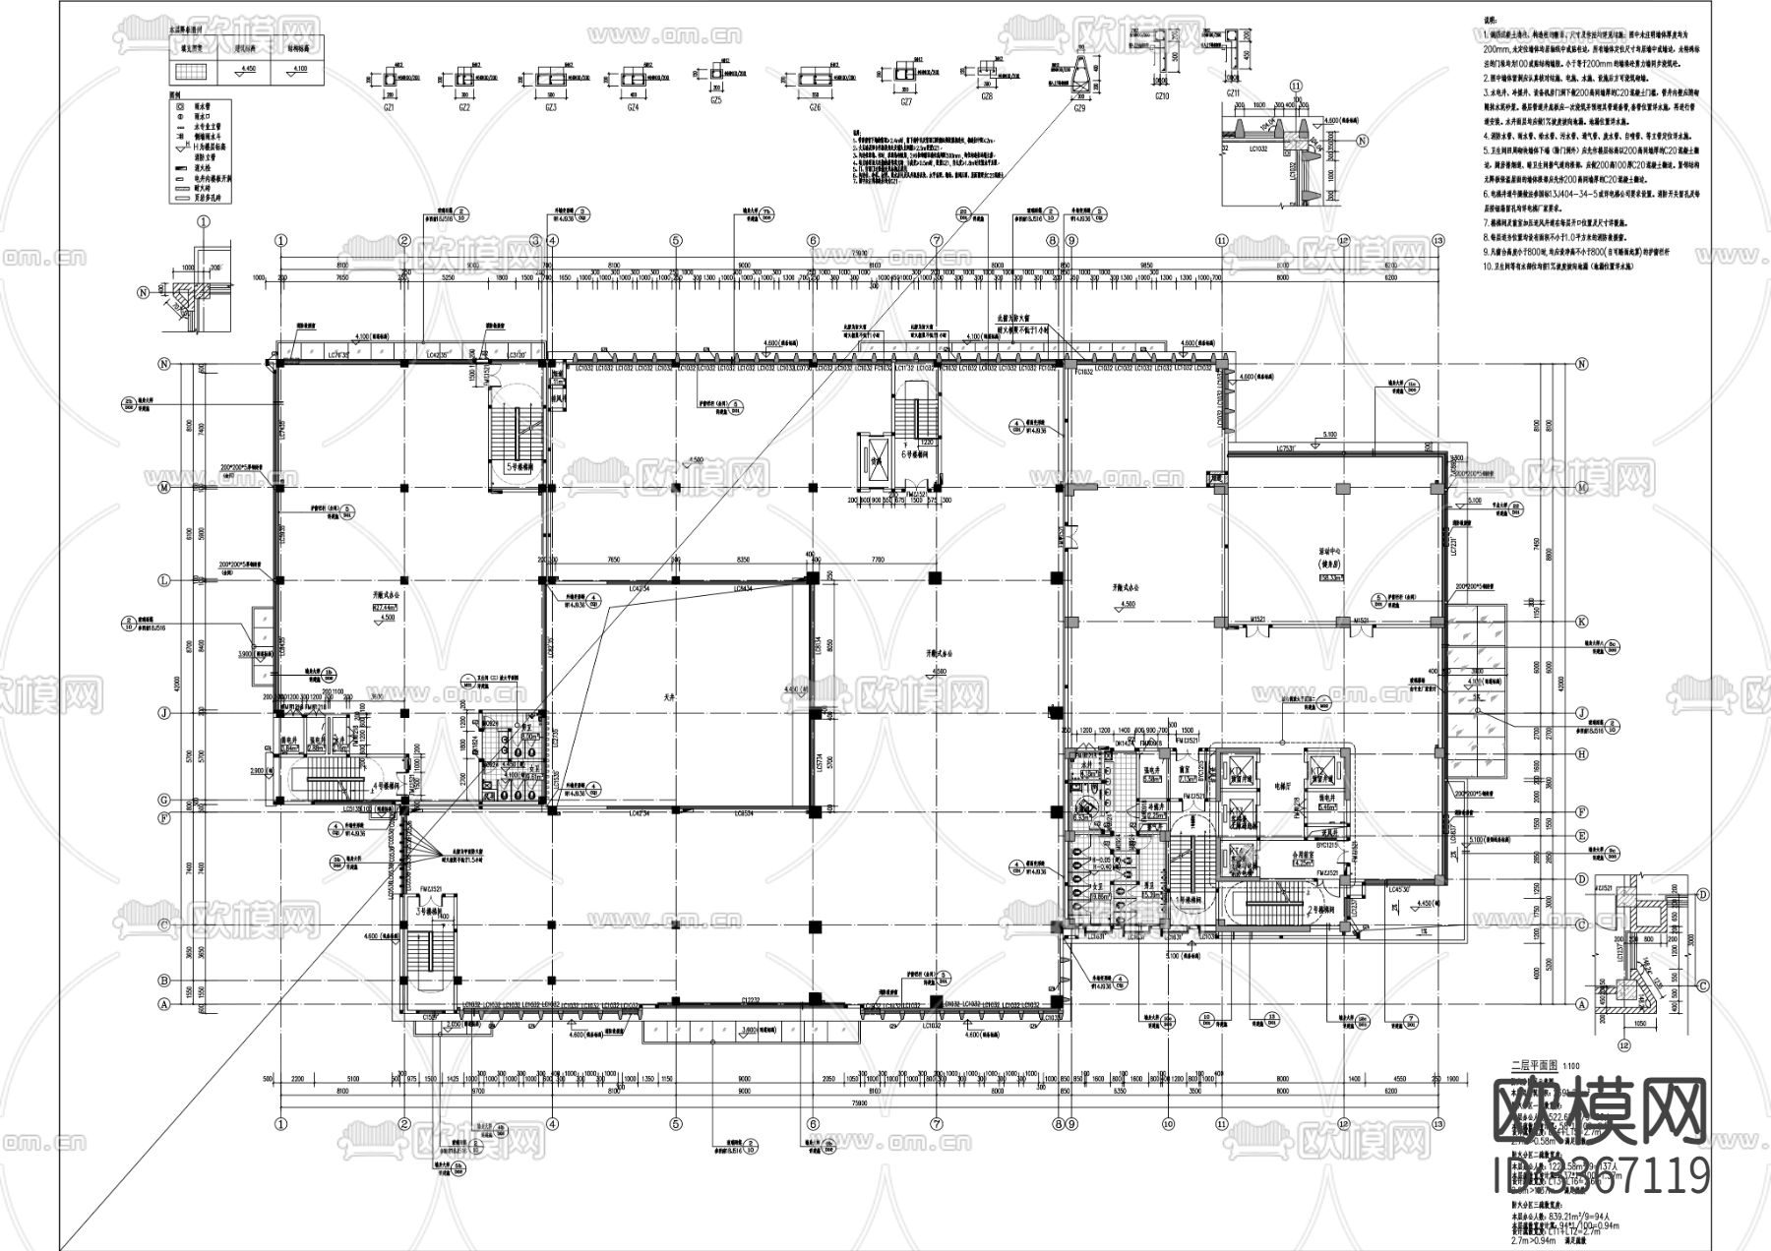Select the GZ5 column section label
pos(715,100)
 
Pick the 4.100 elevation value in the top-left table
pos(301,70)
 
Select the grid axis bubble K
pos(1582,622)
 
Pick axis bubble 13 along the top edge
pos(1437,239)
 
